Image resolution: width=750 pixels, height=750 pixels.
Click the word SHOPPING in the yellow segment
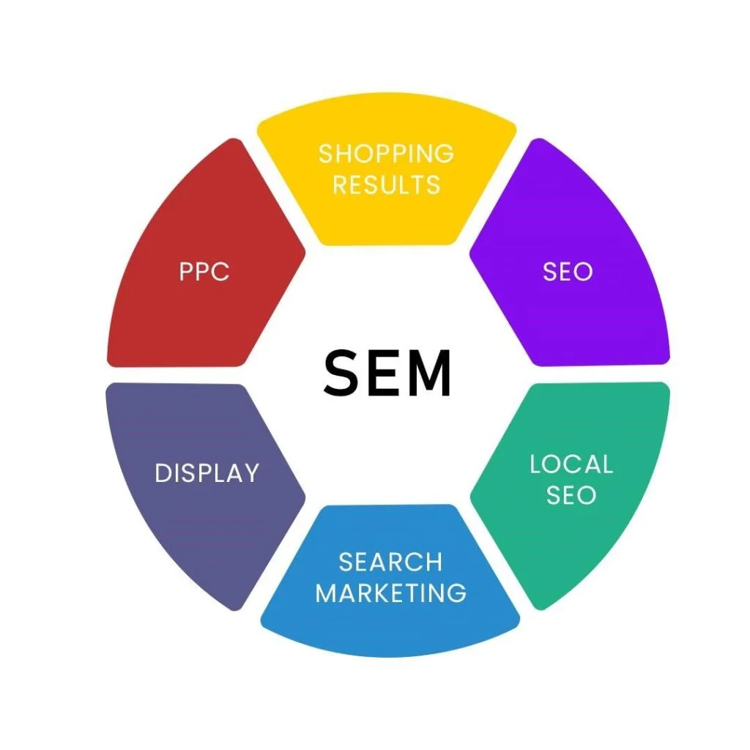tap(386, 154)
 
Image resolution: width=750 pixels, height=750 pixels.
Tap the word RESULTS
tap(386, 184)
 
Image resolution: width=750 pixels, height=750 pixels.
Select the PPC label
tap(204, 272)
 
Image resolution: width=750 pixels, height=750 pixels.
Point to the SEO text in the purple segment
tap(568, 272)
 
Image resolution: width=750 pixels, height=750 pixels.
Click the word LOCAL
tap(571, 464)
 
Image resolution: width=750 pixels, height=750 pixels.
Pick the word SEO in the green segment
tap(571, 495)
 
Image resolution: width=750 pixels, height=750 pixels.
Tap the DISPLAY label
tap(207, 473)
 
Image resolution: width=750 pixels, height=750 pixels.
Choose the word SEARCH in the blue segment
tap(390, 562)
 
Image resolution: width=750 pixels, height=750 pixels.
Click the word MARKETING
tap(390, 593)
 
